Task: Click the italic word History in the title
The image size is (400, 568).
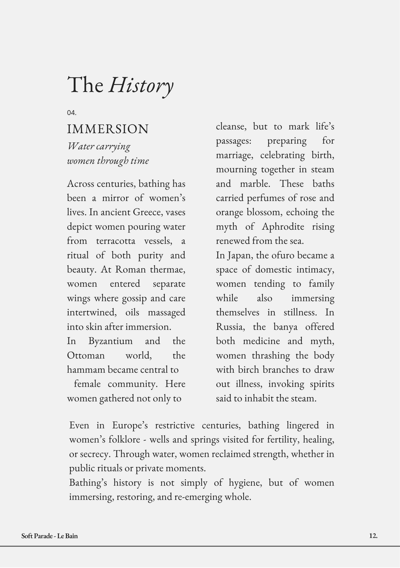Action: [141, 85]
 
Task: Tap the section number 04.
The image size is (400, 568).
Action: [72, 113]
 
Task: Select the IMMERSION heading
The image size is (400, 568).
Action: [108, 129]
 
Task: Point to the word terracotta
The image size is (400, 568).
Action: [116, 241]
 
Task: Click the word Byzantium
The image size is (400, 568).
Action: [110, 341]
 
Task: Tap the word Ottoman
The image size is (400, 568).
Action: [86, 355]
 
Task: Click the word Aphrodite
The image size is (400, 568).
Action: [283, 227]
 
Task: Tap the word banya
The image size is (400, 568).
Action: [285, 327]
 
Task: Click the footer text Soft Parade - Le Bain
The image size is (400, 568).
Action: [49, 536]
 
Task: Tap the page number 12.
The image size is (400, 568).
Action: [373, 536]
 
